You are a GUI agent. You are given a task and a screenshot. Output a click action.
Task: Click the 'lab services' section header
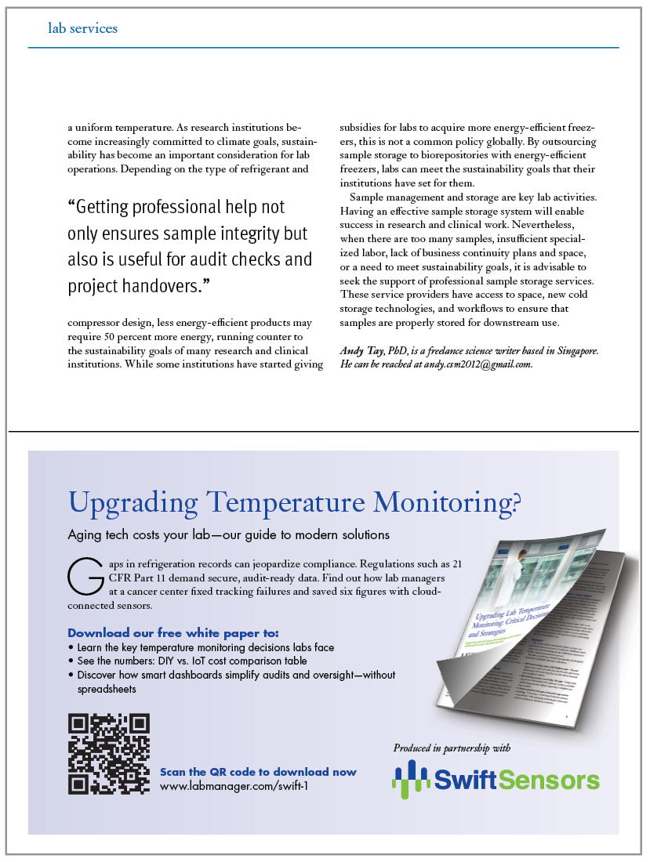click(82, 28)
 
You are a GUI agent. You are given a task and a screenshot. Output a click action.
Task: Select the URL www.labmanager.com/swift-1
click(234, 784)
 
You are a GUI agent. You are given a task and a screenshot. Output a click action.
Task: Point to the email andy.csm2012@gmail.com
click(478, 364)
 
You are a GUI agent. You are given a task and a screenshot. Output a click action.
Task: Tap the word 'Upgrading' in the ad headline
click(132, 502)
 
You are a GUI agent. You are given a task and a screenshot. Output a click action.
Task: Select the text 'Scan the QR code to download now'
click(258, 772)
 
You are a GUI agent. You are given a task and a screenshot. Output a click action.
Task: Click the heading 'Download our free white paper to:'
click(172, 632)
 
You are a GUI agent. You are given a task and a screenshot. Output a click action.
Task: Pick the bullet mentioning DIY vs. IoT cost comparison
click(192, 661)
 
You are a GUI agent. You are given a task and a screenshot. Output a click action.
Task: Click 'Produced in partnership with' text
click(452, 748)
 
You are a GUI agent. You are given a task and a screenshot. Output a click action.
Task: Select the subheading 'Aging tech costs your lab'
click(137, 535)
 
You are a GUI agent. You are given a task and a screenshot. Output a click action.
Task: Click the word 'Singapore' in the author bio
click(572, 351)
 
